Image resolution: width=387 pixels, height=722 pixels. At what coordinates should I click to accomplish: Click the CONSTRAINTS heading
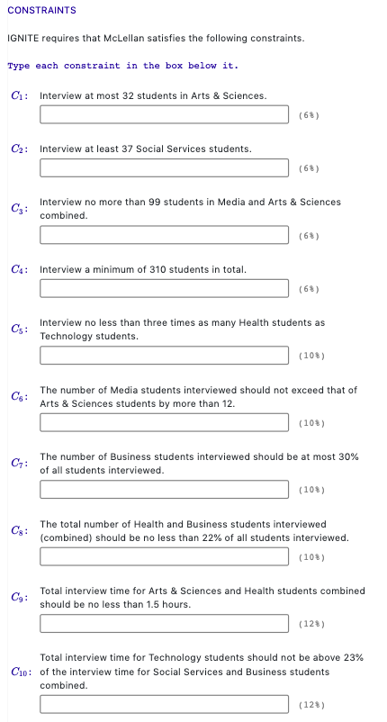coord(41,10)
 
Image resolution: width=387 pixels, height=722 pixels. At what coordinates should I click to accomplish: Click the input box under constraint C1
coord(166,115)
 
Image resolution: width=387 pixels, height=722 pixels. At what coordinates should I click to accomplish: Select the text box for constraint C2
coord(166,168)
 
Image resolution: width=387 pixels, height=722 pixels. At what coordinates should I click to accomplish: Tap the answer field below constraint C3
coord(166,236)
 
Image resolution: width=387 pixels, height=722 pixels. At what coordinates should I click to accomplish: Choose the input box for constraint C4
coord(166,289)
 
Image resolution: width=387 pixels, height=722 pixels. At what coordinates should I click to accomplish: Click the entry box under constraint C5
coord(166,356)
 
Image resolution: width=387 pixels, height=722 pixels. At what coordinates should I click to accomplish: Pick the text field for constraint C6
coord(166,423)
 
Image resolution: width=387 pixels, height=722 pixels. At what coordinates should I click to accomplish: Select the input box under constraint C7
coord(166,490)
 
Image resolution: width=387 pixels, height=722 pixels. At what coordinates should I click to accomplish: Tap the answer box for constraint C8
coord(166,556)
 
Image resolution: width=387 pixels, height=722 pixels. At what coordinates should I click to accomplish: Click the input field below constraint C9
coord(166,623)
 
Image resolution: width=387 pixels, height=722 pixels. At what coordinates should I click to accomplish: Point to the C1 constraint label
coord(20,95)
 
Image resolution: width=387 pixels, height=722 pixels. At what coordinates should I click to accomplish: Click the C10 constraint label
coord(22,672)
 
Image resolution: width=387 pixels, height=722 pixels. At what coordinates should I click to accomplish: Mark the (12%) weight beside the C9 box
coord(308,623)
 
